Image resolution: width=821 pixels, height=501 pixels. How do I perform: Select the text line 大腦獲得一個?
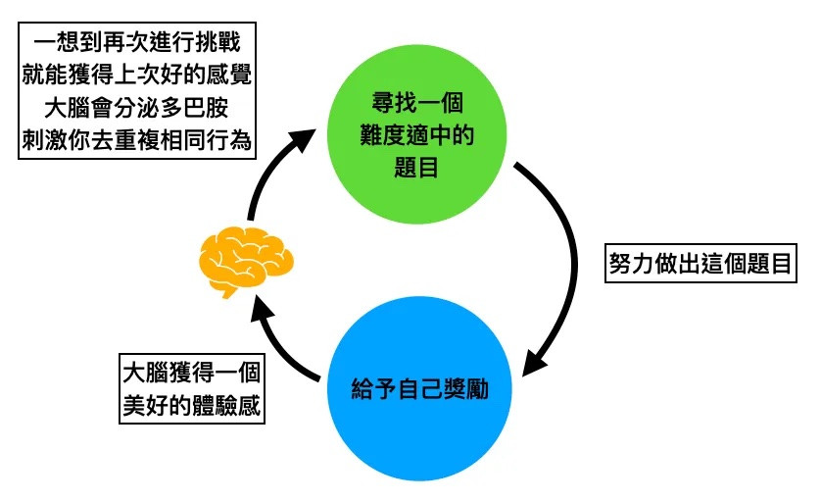pos(191,376)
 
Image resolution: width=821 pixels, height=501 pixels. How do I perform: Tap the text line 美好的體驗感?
pos(191,405)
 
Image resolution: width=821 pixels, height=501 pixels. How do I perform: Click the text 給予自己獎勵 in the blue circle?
pos(418,389)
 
